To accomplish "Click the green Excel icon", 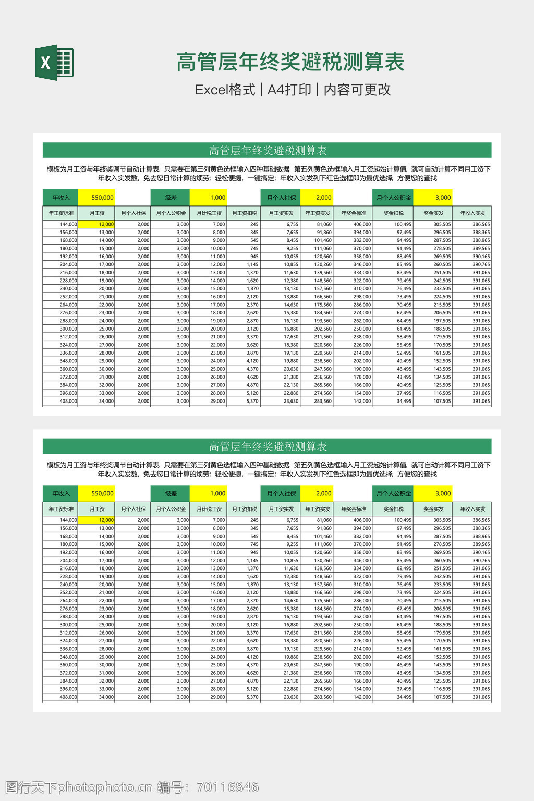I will point(54,63).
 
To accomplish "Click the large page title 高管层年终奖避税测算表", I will point(290,62).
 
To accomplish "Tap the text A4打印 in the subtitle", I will point(289,90).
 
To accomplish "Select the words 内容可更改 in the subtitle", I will point(357,90).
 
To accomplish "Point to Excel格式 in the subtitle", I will point(225,90).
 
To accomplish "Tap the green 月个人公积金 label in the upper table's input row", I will point(394,198).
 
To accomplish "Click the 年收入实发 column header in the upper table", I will point(472,213).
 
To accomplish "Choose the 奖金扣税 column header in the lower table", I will point(393,509).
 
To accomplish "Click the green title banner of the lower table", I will point(267,446).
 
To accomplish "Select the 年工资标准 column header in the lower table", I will point(61,509).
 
